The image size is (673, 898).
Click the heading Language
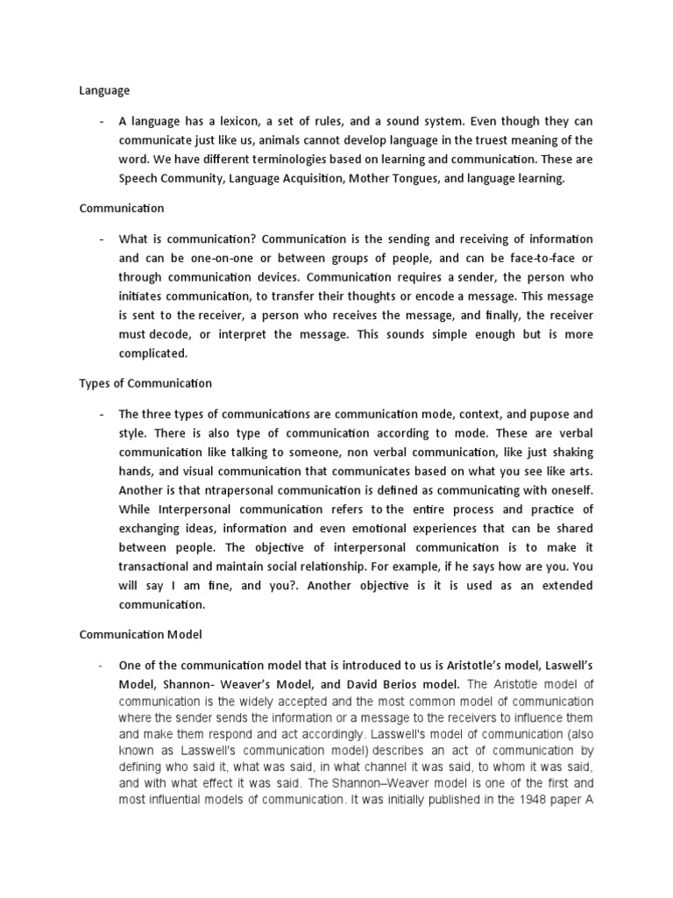tap(104, 89)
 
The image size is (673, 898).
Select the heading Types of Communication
tap(145, 383)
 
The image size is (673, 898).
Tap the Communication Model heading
tap(140, 633)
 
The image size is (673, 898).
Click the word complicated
tap(154, 353)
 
